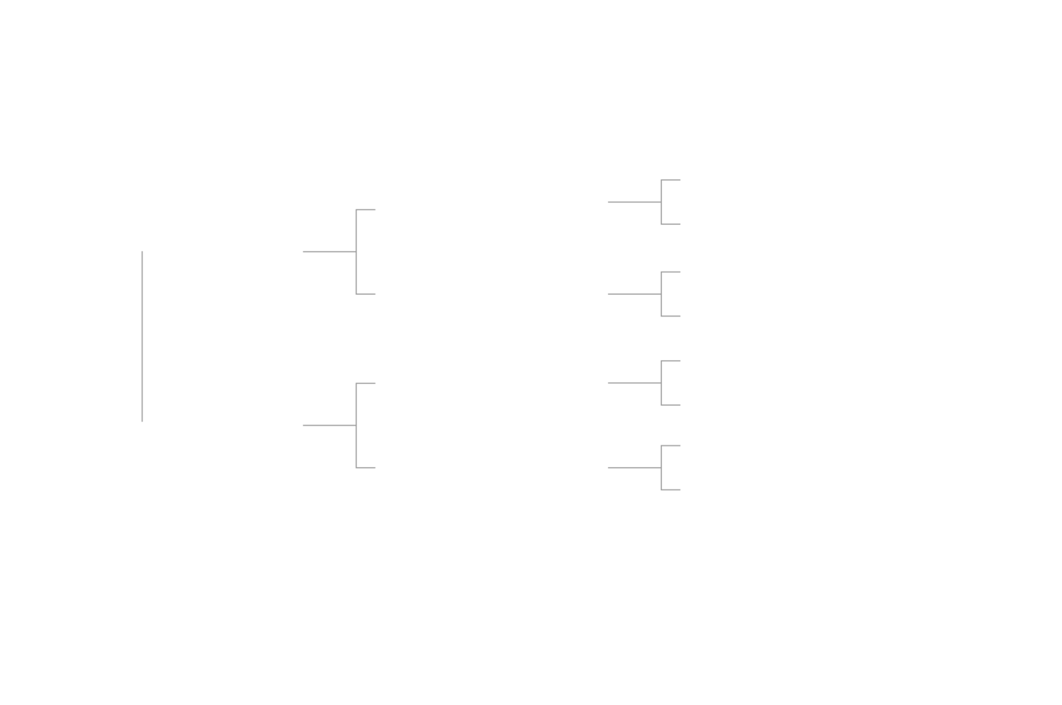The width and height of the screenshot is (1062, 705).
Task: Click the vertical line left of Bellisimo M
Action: coord(142,336)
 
